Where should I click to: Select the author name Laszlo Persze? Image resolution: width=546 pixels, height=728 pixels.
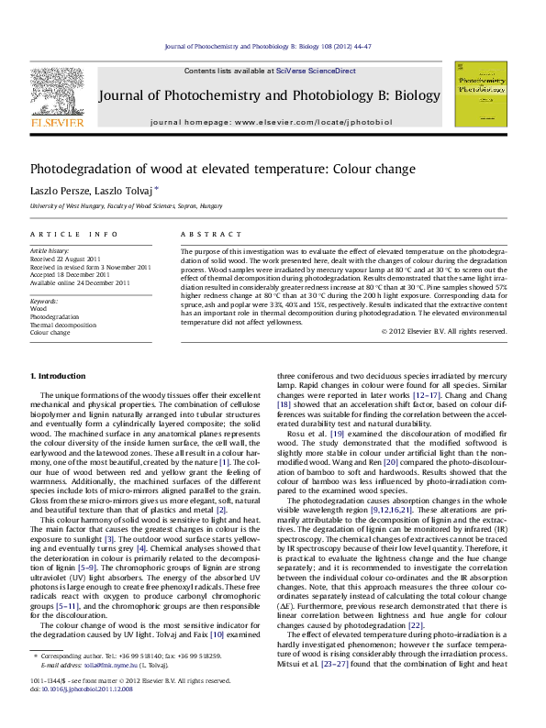point(60,190)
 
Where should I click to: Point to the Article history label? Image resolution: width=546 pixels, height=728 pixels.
point(50,250)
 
